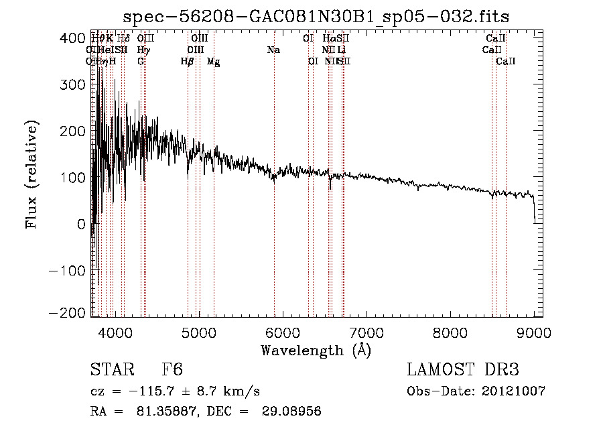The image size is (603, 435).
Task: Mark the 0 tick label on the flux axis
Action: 80,224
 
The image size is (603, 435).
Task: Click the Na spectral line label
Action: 273,50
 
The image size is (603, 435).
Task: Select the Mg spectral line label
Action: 214,62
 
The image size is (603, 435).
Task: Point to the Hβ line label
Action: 188,61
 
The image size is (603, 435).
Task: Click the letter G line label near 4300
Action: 141,61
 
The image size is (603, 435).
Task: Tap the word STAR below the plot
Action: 111,370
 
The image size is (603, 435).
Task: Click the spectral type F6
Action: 172,370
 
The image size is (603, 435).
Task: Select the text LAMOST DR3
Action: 463,370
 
